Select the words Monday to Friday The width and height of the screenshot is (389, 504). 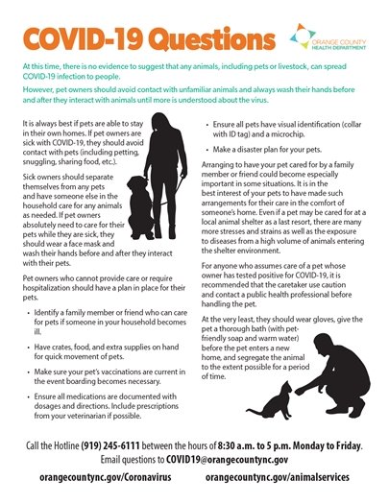point(342,446)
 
